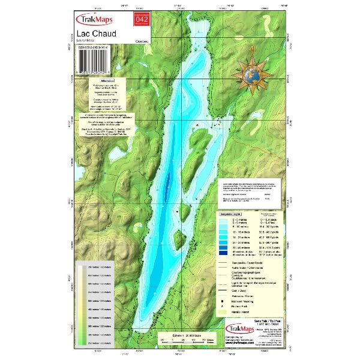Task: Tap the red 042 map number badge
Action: coord(142,20)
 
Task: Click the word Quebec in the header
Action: coord(136,42)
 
